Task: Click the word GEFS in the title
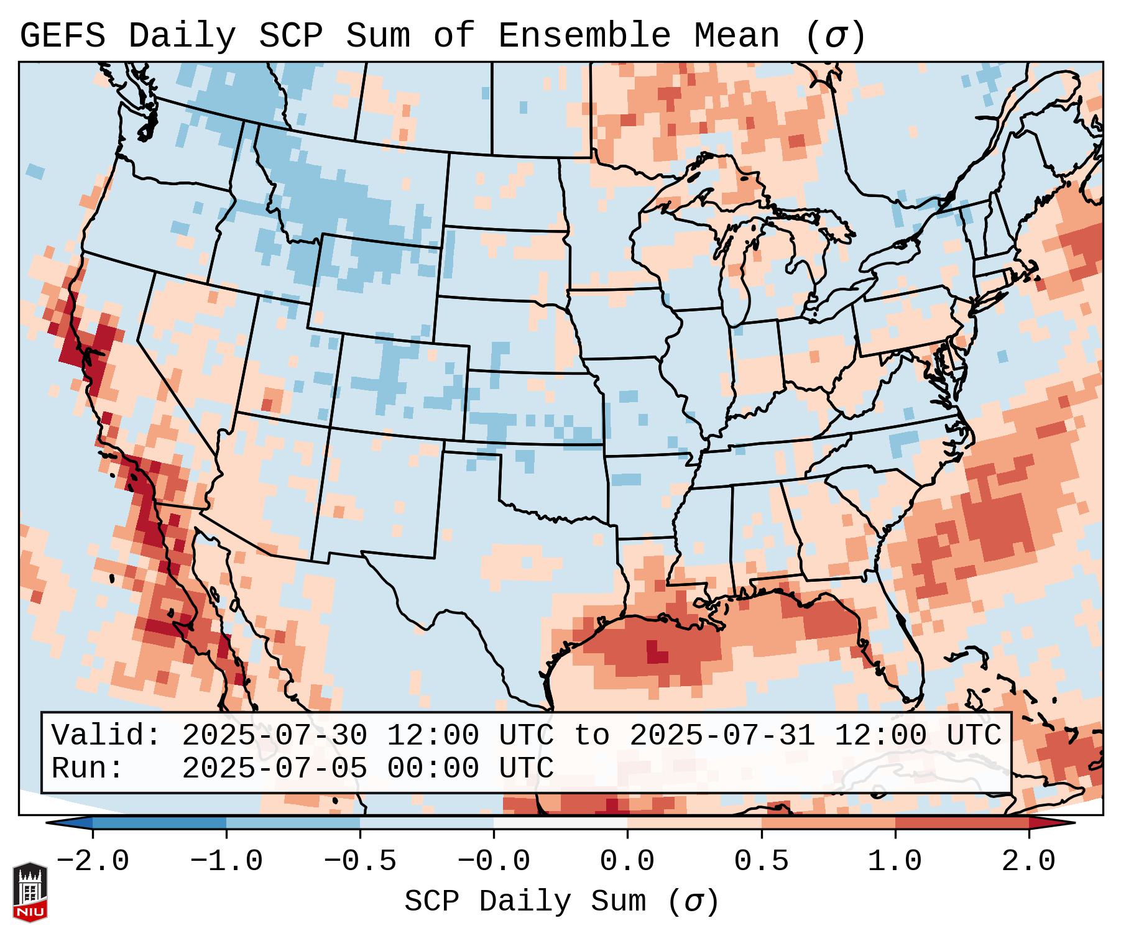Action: pyautogui.click(x=62, y=36)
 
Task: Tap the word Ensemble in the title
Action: pyautogui.click(x=584, y=36)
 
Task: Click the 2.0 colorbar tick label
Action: pyautogui.click(x=1029, y=861)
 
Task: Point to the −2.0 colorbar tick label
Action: pyautogui.click(x=93, y=861)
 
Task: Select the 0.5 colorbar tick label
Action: pyautogui.click(x=761, y=861)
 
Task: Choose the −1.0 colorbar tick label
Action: pyautogui.click(x=226, y=861)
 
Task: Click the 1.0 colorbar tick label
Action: pyautogui.click(x=895, y=861)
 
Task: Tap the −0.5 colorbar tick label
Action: pyautogui.click(x=360, y=861)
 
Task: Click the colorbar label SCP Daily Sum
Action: pyautogui.click(x=535, y=901)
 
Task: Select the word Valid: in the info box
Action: pyautogui.click(x=106, y=735)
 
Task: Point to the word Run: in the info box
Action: pyautogui.click(x=88, y=768)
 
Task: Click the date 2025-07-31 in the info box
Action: pyautogui.click(x=722, y=735)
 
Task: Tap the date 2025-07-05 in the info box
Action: pyautogui.click(x=274, y=768)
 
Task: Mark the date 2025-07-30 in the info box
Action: pyautogui.click(x=274, y=735)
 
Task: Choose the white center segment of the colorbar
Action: pyautogui.click(x=560, y=823)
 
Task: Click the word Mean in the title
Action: pyautogui.click(x=737, y=36)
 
